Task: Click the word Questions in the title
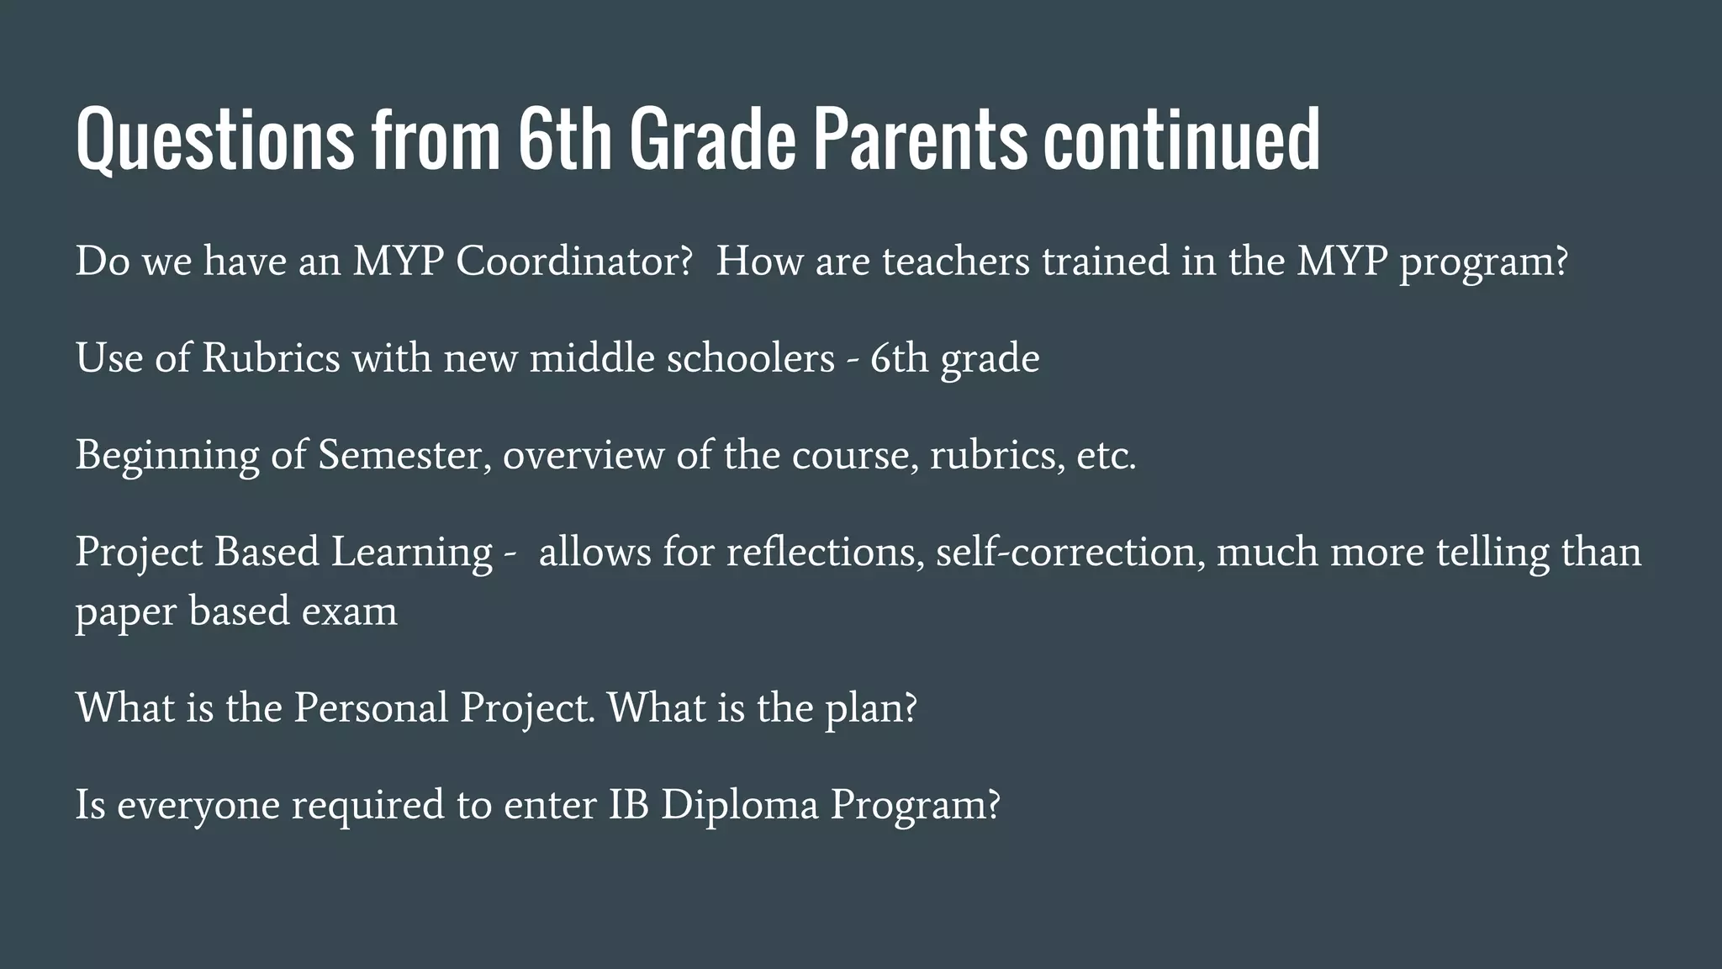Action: click(x=215, y=140)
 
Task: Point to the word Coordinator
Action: click(x=574, y=262)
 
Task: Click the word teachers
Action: click(x=955, y=262)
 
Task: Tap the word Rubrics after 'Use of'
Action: click(x=271, y=358)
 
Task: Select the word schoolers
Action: click(x=751, y=358)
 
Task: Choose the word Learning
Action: click(x=411, y=553)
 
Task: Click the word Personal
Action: click(x=371, y=707)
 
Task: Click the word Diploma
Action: click(x=739, y=806)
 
